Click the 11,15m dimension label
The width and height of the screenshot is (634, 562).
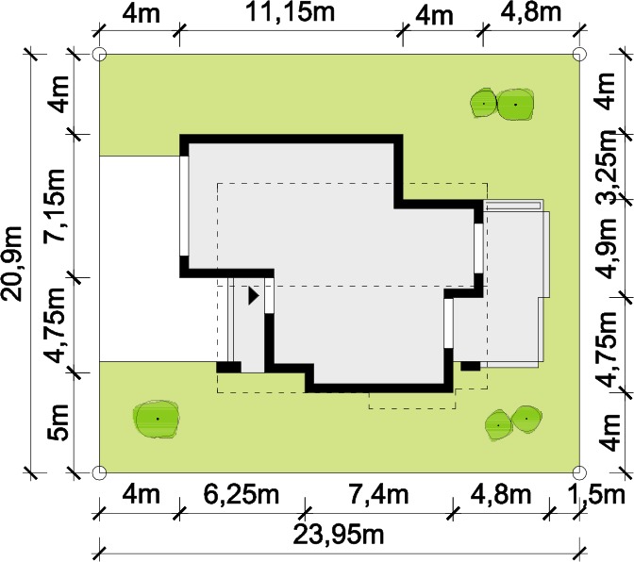point(291,12)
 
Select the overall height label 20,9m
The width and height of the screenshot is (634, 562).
point(11,263)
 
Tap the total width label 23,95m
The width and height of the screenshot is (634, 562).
point(338,535)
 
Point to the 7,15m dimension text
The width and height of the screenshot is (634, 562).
point(54,206)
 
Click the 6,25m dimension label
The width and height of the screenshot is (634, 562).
point(242,494)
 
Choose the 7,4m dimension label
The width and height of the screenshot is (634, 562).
point(379,494)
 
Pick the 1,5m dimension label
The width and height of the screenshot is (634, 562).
point(597,494)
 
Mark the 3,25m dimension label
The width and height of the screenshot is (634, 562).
point(608,167)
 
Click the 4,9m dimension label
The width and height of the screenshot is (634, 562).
point(608,249)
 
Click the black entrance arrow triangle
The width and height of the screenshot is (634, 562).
point(254,296)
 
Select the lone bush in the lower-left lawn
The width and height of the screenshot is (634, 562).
point(157,420)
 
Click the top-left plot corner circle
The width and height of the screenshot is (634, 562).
point(99,54)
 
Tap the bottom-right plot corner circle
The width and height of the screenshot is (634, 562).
point(579,472)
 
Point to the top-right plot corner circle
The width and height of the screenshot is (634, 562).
point(579,54)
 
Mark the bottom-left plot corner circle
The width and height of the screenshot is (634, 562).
point(99,472)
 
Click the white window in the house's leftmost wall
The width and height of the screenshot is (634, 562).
point(184,207)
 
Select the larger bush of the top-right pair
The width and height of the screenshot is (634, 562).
point(515,105)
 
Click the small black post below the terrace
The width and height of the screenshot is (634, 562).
point(471,366)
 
